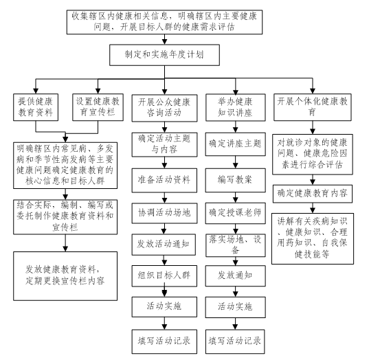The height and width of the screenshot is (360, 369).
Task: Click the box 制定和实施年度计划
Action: point(164,55)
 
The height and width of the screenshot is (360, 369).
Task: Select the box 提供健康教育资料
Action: point(36,107)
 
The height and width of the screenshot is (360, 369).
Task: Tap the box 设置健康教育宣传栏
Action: point(98,107)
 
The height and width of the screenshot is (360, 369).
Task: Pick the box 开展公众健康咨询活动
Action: point(164,108)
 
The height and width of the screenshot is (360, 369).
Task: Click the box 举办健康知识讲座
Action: point(236,108)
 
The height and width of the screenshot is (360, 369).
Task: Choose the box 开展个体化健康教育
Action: point(313,107)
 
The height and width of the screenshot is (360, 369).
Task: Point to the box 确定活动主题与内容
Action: point(164,145)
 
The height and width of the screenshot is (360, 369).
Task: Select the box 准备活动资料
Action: point(164,180)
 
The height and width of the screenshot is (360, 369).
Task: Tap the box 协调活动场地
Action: point(164,213)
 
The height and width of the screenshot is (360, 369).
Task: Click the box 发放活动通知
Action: point(164,245)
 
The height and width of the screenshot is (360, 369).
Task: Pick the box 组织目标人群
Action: point(164,276)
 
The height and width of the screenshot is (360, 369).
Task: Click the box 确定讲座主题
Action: point(236,144)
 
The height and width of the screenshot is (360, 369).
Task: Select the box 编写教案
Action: point(236,180)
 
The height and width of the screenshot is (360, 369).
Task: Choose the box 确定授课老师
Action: point(236,213)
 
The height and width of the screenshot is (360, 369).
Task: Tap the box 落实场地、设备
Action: point(236,245)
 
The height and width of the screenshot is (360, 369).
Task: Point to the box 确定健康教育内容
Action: point(313,194)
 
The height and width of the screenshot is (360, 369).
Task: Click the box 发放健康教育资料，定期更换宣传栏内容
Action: point(65,276)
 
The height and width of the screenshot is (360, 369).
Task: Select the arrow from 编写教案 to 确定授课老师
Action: point(236,198)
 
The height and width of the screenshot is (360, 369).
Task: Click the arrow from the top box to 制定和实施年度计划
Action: point(164,39)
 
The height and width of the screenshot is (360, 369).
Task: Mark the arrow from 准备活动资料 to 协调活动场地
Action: point(164,198)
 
